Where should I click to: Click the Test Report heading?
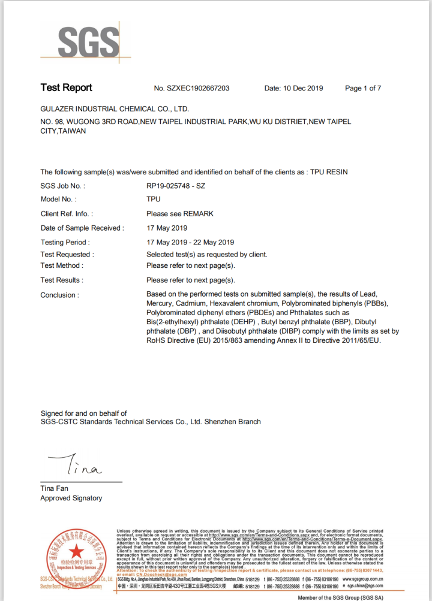[x=66, y=87]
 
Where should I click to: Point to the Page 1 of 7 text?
[x=363, y=88]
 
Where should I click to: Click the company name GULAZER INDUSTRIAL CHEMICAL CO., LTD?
[x=115, y=109]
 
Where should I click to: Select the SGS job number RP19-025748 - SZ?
[x=176, y=186]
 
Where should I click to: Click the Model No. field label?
[x=58, y=200]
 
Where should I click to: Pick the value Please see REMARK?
[x=180, y=213]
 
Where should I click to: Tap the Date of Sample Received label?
[x=82, y=228]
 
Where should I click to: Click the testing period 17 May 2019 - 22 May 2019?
[x=190, y=242]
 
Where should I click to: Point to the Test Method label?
[x=62, y=265]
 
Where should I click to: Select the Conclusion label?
[x=59, y=295]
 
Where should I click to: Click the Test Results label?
[x=62, y=280]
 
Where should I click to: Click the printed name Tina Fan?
[x=54, y=488]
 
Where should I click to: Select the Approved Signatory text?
[x=71, y=498]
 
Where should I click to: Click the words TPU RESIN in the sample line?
[x=329, y=172]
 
